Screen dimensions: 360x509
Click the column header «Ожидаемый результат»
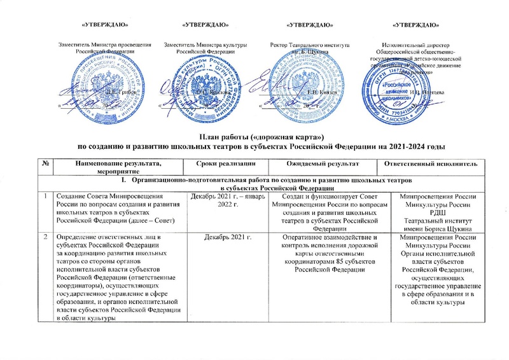tap(323, 163)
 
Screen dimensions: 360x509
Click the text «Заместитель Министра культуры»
tap(206, 45)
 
